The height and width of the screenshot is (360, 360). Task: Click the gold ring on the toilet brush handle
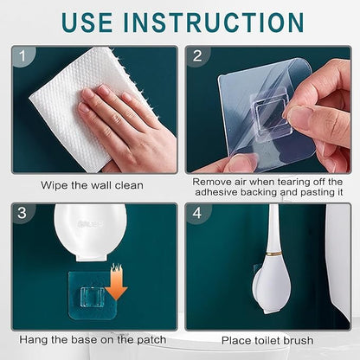point(276,254)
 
